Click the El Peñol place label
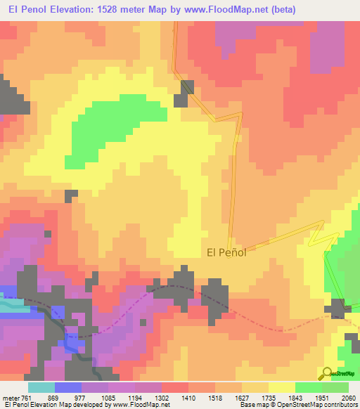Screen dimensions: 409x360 point(226,253)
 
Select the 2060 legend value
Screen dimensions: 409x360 point(339,397)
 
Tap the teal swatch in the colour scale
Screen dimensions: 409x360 point(41,387)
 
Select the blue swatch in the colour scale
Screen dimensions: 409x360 point(67,387)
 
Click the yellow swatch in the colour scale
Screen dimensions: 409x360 point(281,387)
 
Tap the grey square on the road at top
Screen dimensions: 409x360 point(187,87)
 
